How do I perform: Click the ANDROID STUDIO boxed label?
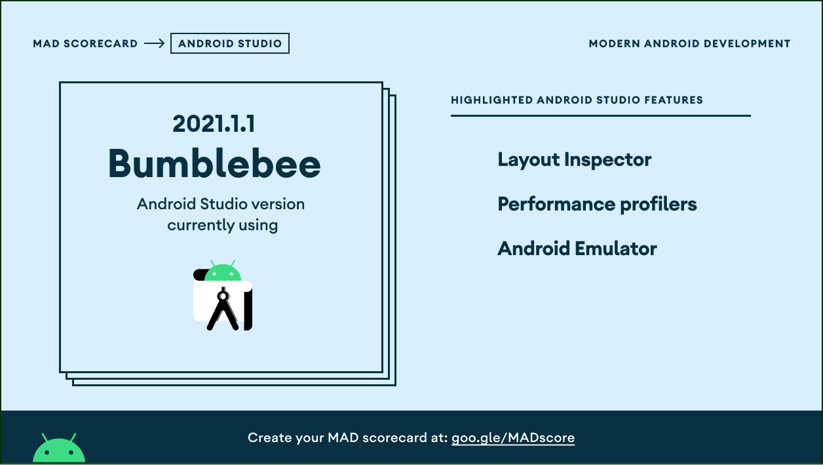(x=229, y=43)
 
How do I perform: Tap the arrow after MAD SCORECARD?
(x=155, y=43)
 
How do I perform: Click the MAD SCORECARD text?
(x=85, y=43)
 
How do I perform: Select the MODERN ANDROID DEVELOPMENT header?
(x=689, y=43)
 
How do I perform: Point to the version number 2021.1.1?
(x=214, y=123)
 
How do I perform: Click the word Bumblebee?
(x=214, y=163)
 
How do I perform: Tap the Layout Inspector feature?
(x=574, y=159)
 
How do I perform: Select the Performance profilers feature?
(x=597, y=204)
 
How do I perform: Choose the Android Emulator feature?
(x=577, y=249)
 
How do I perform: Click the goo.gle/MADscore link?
(x=513, y=437)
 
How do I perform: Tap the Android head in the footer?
(x=59, y=447)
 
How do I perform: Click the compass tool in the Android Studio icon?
(x=223, y=309)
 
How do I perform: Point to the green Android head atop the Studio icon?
(x=223, y=272)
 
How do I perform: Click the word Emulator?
(x=616, y=249)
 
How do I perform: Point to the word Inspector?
(x=607, y=160)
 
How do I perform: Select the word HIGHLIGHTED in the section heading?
(x=492, y=100)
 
